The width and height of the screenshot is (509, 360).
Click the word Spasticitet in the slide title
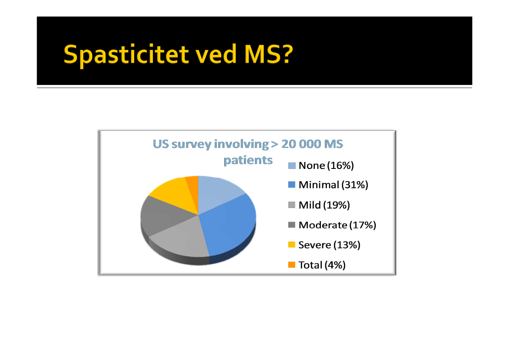pos(126,54)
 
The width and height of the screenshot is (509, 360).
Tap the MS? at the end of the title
pos(269,54)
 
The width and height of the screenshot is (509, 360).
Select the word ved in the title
pos(216,54)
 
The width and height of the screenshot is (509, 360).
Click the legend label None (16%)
pos(326,165)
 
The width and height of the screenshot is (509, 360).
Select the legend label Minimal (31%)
pos(334,185)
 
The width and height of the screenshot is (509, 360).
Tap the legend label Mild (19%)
pos(324,205)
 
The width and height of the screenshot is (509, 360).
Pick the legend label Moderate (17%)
pos(337,225)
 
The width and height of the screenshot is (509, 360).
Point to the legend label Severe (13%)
pos(330,245)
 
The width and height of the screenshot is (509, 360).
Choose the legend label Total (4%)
pos(322,265)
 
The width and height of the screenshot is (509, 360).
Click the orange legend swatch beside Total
pos(291,265)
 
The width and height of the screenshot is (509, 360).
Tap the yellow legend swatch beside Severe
pos(291,245)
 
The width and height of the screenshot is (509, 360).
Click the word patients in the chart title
pos(248,160)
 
